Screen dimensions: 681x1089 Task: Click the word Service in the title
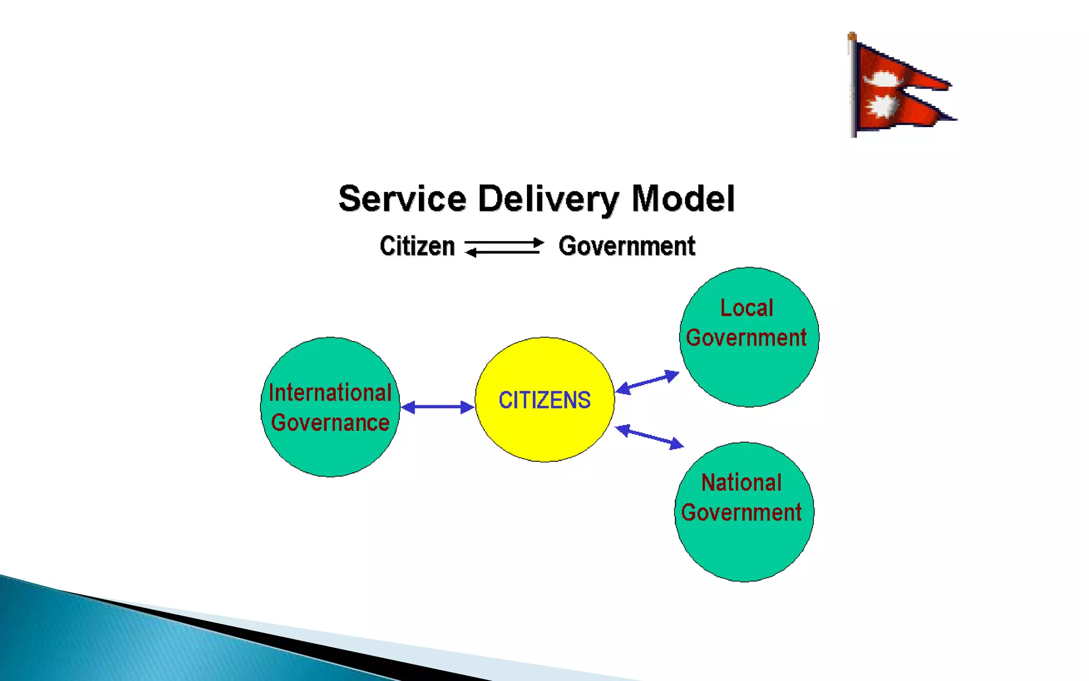tap(403, 199)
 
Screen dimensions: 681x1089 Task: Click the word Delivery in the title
tap(548, 199)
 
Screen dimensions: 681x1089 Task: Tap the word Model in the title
tap(683, 199)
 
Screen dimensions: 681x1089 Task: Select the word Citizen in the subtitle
tap(417, 246)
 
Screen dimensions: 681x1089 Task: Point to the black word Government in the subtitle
tap(627, 246)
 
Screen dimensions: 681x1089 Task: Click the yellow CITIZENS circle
tap(544, 400)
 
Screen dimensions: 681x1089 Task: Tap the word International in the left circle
tap(330, 393)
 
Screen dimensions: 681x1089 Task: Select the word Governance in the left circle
tap(330, 423)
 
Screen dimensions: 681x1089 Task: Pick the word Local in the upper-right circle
tap(747, 308)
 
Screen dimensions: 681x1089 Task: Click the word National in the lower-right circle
tap(741, 483)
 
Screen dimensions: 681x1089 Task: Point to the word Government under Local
tap(746, 338)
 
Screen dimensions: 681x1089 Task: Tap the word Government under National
tap(741, 513)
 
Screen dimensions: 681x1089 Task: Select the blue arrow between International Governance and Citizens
tap(437, 408)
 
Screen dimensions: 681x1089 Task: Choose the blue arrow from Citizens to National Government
tap(649, 437)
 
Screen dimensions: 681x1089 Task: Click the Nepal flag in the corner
tap(899, 88)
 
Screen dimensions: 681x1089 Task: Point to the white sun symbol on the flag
tap(881, 106)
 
